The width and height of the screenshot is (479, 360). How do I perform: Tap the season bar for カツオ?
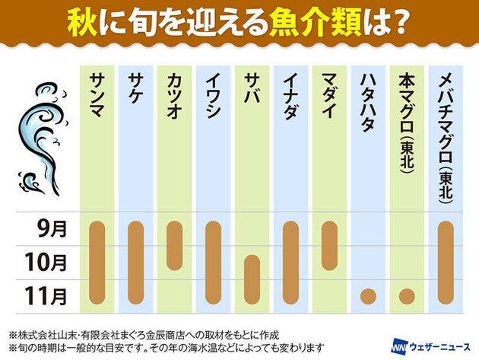tap(174, 245)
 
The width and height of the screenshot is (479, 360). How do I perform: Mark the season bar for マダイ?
tap(329, 245)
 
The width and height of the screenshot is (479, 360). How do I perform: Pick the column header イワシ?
tap(213, 95)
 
